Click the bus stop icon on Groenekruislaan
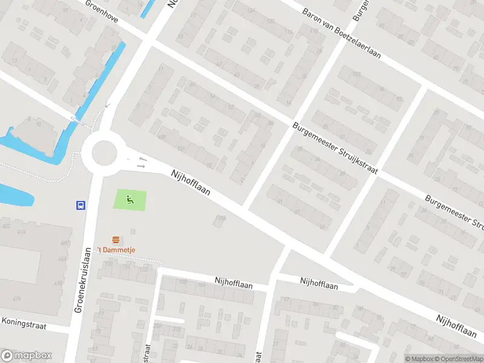80,205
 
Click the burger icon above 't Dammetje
115,240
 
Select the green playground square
130,200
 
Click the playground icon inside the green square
129,198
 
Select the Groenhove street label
101,11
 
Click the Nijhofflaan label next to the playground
191,182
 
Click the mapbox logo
27,356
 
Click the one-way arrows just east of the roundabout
142,162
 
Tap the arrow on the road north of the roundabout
108,105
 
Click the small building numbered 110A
218,220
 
